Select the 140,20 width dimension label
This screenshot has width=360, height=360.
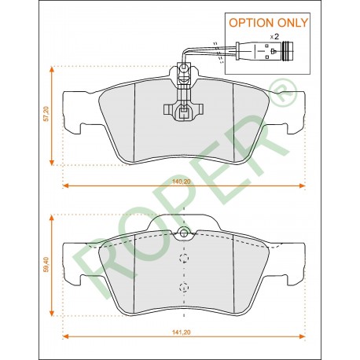click(x=182, y=182)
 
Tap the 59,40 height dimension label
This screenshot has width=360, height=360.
click(x=46, y=265)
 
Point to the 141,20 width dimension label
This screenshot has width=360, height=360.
click(x=182, y=332)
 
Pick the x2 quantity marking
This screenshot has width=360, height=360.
click(x=274, y=37)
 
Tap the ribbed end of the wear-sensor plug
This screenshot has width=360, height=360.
click(x=288, y=51)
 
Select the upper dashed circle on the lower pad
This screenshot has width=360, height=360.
click(x=184, y=258)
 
